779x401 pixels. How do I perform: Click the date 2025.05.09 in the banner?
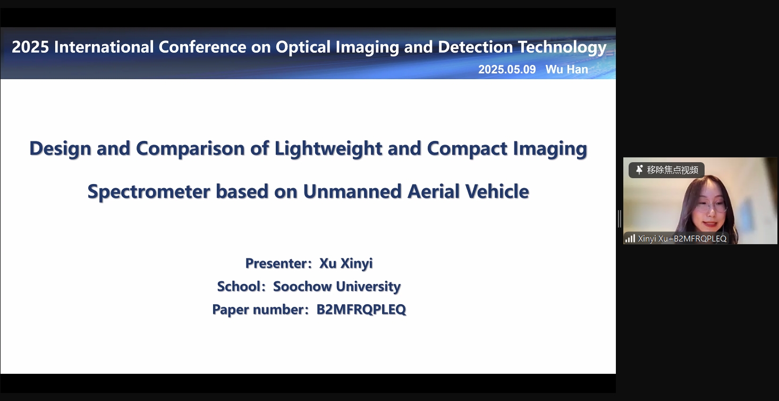click(x=507, y=69)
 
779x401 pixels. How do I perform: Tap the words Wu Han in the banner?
click(x=566, y=69)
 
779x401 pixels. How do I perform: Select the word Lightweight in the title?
click(x=328, y=149)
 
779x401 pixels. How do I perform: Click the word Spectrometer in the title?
click(x=149, y=192)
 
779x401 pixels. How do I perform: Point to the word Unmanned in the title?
click(x=352, y=191)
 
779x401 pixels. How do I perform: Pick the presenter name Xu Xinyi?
click(x=346, y=263)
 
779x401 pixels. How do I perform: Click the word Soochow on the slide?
click(x=302, y=287)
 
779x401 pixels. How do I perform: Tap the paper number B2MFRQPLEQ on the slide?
click(x=361, y=310)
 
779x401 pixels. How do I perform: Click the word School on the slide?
click(x=239, y=287)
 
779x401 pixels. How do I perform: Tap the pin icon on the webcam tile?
click(x=639, y=170)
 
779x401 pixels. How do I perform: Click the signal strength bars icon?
click(x=630, y=238)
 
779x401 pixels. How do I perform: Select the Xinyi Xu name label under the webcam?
click(x=682, y=238)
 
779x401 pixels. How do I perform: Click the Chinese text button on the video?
click(x=666, y=170)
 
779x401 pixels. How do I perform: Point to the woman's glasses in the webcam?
click(x=712, y=206)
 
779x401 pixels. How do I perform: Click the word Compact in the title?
click(x=467, y=149)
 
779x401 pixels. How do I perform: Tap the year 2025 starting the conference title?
click(x=30, y=47)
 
